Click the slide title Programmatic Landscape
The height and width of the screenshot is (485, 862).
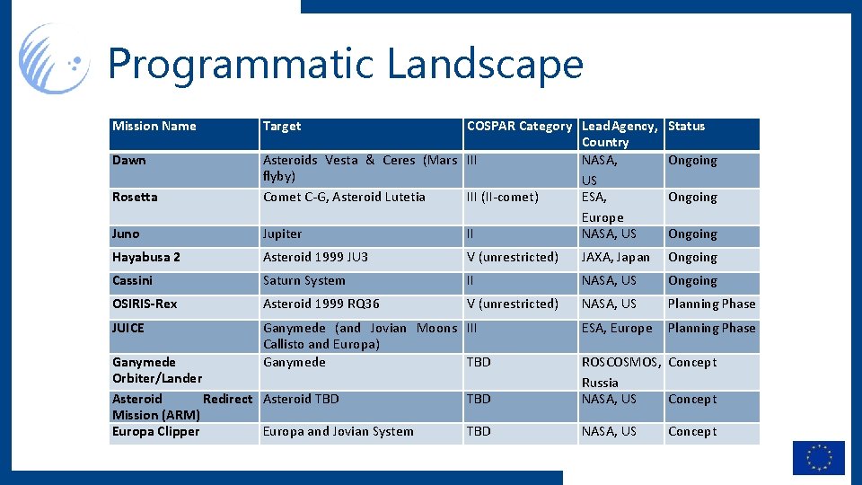[346, 65]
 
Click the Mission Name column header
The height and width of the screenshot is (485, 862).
[154, 127]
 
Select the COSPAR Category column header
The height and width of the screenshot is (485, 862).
[519, 127]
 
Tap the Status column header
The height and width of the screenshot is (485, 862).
[687, 127]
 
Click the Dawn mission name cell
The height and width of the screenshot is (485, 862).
[129, 161]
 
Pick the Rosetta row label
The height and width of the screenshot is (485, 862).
[135, 198]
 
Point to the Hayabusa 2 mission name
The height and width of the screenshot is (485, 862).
[146, 258]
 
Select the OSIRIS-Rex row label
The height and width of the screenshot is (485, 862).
[145, 304]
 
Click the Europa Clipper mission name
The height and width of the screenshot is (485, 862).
[155, 432]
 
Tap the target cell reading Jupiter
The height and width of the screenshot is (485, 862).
[282, 234]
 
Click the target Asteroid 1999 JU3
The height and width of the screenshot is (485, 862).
[315, 258]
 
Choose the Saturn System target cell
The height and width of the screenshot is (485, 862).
[303, 281]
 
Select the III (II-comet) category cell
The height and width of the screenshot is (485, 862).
[502, 198]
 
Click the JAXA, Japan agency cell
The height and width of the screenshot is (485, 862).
[615, 258]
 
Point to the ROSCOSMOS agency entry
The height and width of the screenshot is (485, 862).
[621, 363]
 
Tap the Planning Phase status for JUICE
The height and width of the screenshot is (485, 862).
[711, 329]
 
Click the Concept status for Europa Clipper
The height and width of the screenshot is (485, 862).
[691, 432]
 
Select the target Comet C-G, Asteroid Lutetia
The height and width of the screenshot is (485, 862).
[344, 198]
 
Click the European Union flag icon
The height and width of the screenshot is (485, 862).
[818, 457]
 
